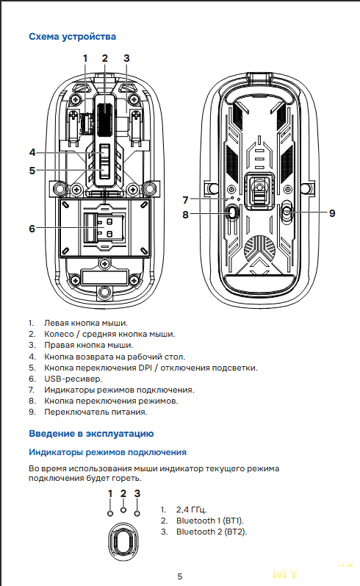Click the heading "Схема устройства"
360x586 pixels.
pos(73,37)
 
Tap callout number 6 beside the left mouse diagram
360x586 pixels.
pos(32,229)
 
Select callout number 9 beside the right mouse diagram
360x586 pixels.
pos(332,213)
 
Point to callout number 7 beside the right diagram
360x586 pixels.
pos(185,200)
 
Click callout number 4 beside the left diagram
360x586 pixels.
pos(32,152)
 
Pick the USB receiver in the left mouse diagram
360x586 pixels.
pos(104,228)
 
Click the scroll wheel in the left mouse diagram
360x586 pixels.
pos(105,119)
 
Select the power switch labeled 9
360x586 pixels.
pos(287,212)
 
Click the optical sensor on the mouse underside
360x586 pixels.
pos(260,190)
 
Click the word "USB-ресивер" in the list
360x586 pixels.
pos(73,379)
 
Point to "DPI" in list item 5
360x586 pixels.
pos(145,368)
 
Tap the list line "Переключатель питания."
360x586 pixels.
pos(96,412)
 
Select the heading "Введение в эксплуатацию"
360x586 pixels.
pos(91,434)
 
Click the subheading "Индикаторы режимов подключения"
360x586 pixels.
pos(107,452)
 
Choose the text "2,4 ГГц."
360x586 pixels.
pos(191,510)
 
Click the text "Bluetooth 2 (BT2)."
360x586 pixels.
pos(212,532)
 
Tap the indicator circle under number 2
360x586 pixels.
pos(123,510)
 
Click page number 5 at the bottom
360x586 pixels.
pos(180,576)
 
